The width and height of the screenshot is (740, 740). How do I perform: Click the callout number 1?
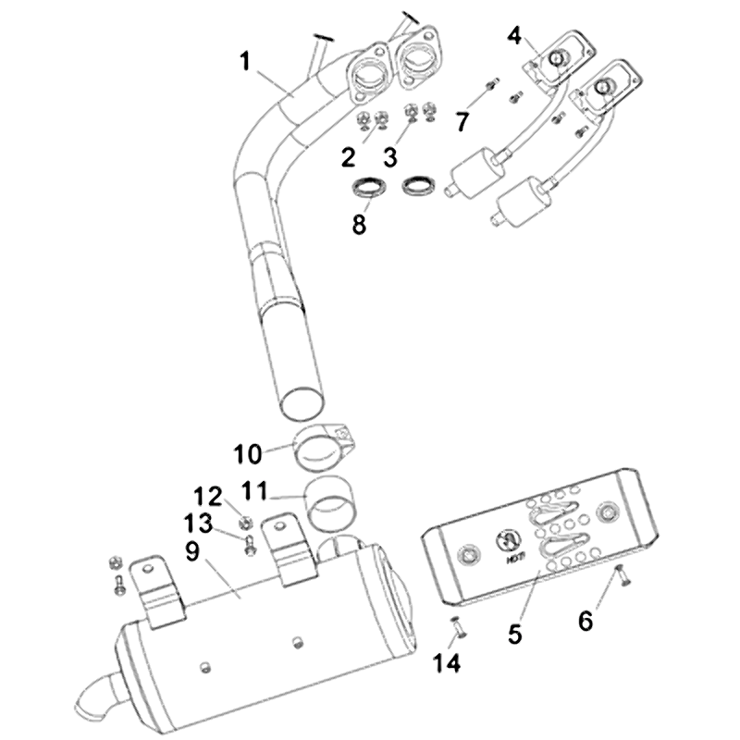click(x=245, y=62)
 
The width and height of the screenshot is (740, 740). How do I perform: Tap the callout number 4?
click(x=515, y=36)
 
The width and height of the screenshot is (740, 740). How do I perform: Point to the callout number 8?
click(x=360, y=225)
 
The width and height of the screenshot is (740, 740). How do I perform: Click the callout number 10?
click(x=248, y=454)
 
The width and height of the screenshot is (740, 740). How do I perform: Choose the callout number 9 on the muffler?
click(x=192, y=552)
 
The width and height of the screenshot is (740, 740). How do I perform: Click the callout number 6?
click(x=586, y=620)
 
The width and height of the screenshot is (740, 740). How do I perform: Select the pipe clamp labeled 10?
click(x=319, y=447)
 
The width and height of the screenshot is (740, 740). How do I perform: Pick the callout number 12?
click(x=207, y=498)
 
